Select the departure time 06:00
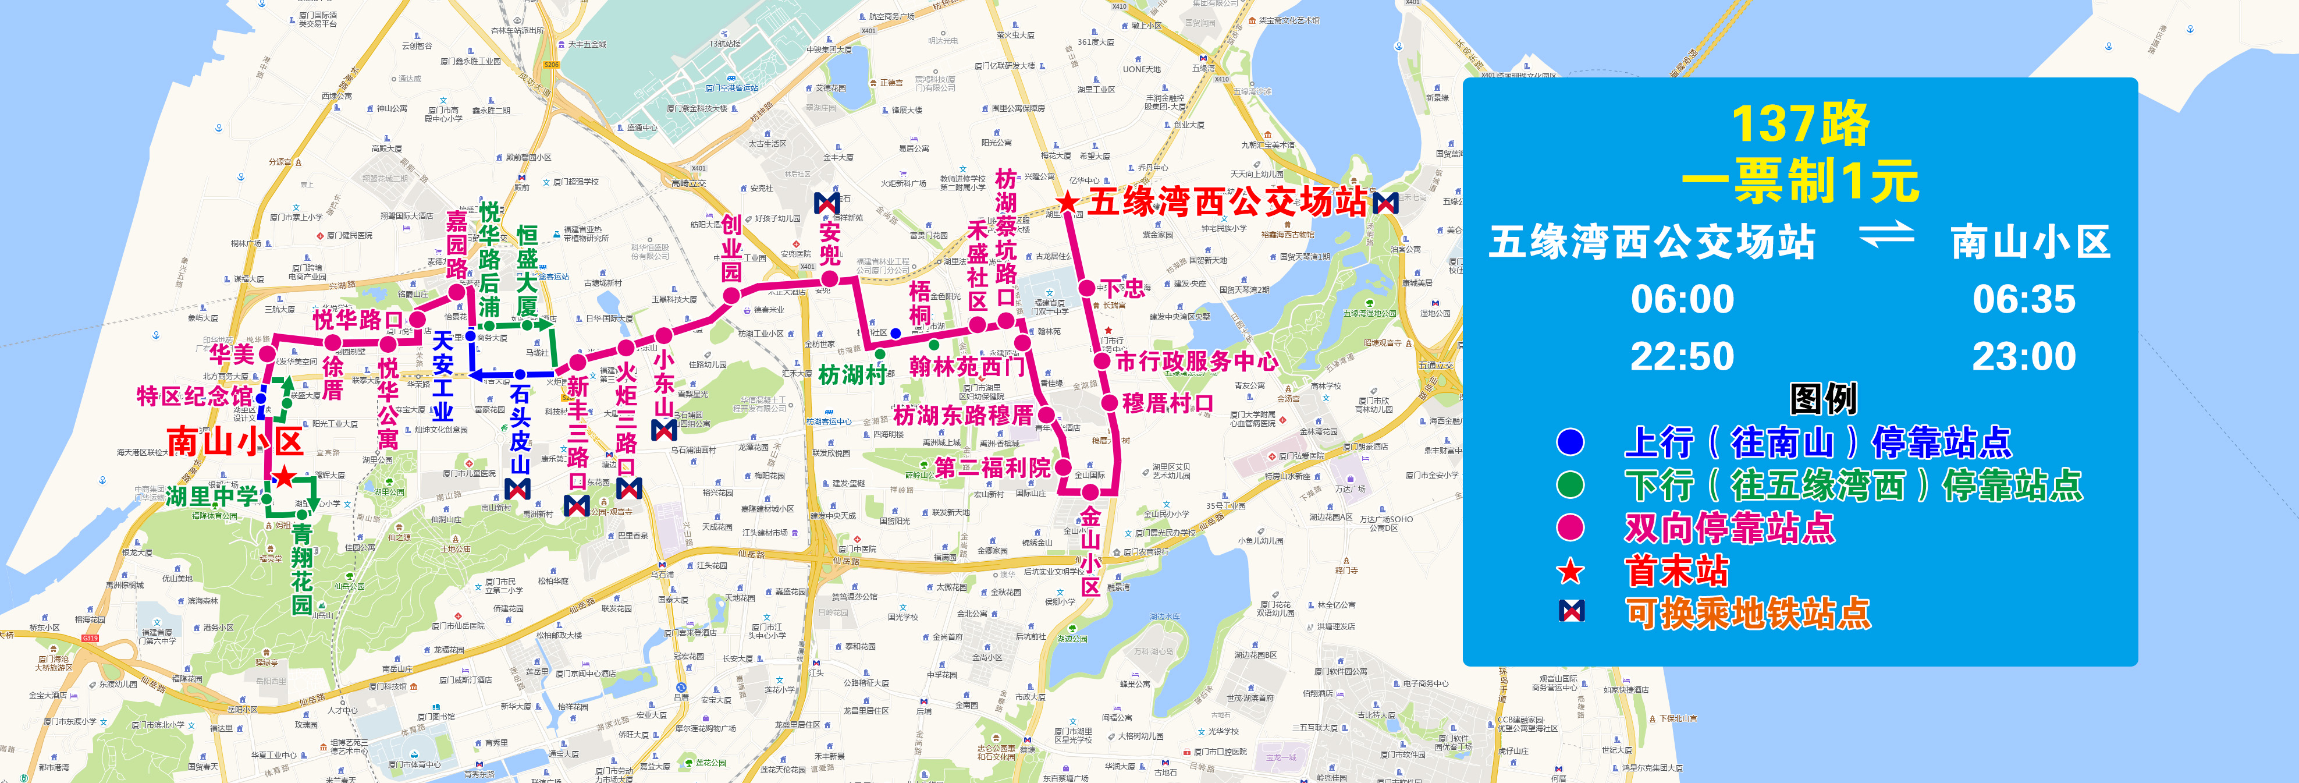[x=1682, y=299]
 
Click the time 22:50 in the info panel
[x=1682, y=357]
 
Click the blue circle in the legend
[x=1570, y=442]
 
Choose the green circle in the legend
[x=1570, y=485]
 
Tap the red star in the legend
[x=1570, y=572]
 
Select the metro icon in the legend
[x=1570, y=612]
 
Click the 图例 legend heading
[x=1822, y=399]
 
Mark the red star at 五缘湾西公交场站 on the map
[x=1067, y=204]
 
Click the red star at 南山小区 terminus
[x=283, y=477]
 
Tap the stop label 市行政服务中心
[x=1197, y=362]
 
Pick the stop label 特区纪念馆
[x=194, y=395]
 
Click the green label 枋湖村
[x=852, y=375]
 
